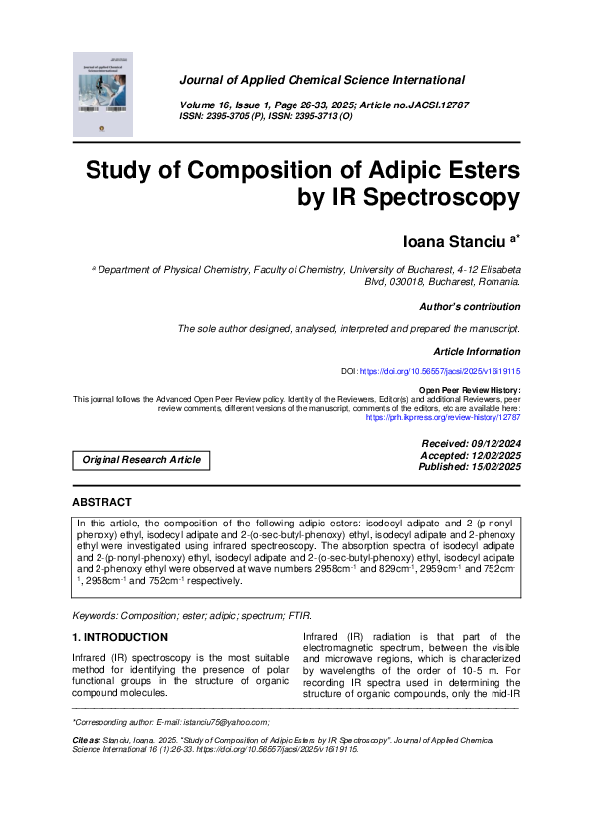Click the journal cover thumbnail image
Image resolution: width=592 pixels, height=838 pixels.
pos(106,97)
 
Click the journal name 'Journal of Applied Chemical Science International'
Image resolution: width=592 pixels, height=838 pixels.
pos(321,80)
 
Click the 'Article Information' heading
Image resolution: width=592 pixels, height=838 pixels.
pos(477,352)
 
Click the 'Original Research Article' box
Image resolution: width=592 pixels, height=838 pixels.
pos(141,460)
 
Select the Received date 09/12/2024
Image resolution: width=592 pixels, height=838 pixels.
pos(493,443)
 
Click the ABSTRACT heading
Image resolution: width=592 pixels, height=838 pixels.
pos(101,503)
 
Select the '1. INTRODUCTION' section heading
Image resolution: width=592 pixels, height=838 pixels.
pos(119,637)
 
